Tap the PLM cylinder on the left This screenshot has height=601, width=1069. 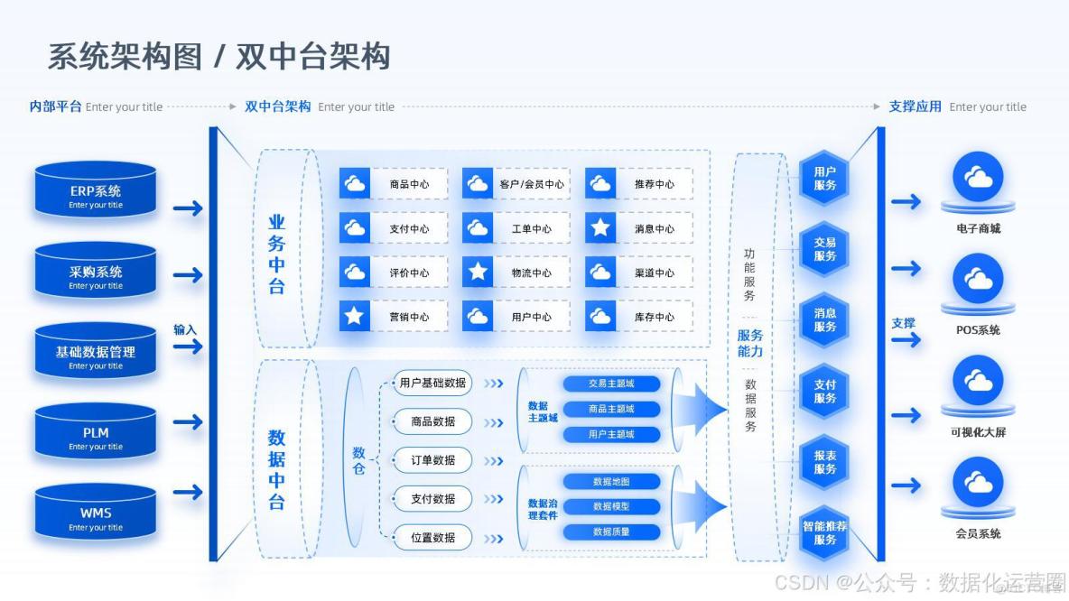click(x=96, y=436)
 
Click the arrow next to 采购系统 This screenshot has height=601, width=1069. click(x=188, y=274)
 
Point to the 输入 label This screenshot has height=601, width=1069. click(x=185, y=329)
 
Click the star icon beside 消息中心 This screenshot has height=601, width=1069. click(x=600, y=228)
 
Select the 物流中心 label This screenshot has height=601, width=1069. click(x=531, y=273)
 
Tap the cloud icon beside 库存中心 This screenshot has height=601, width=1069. click(x=600, y=317)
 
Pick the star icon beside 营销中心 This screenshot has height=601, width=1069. click(x=355, y=317)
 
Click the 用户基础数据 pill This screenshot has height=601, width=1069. click(x=432, y=383)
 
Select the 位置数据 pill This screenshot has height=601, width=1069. click(x=432, y=538)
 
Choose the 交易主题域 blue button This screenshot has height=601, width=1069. click(x=611, y=384)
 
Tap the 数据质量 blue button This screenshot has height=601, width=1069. click(x=611, y=532)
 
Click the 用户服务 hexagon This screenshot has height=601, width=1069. click(x=824, y=178)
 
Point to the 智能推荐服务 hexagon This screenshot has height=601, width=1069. click(x=824, y=532)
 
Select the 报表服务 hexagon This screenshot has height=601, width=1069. click(x=824, y=462)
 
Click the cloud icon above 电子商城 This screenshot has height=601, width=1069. click(x=978, y=177)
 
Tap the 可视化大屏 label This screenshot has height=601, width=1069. click(x=978, y=432)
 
